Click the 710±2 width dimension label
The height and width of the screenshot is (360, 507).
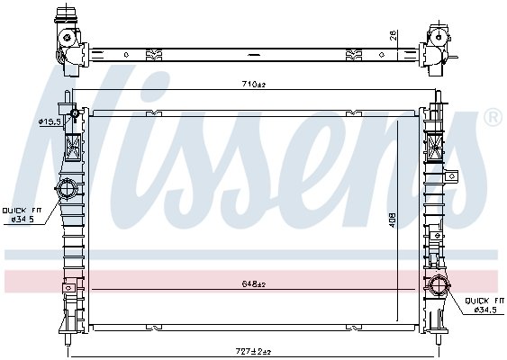point(254,85)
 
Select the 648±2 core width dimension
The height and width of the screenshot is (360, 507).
point(254,284)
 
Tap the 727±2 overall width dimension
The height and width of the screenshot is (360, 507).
point(254,351)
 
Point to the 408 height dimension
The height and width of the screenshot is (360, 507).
point(393,220)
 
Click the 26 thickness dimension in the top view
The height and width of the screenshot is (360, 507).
point(394,35)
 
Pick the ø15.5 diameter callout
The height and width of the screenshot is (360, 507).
point(50,121)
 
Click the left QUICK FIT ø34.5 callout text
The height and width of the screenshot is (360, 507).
point(22,215)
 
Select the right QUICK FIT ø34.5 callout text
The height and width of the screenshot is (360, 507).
point(484,305)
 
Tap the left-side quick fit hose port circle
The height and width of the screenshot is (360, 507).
point(67,188)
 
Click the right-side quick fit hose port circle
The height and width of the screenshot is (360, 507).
point(439,285)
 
